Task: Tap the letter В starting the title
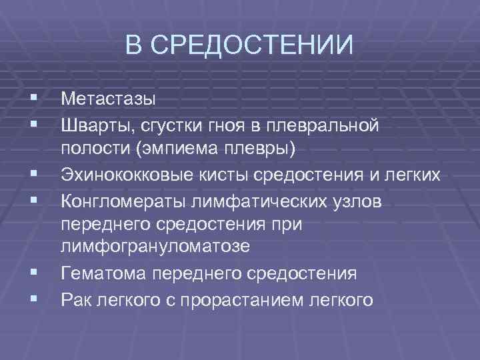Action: [135, 46]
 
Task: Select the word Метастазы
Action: [108, 99]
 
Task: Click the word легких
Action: [409, 175]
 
